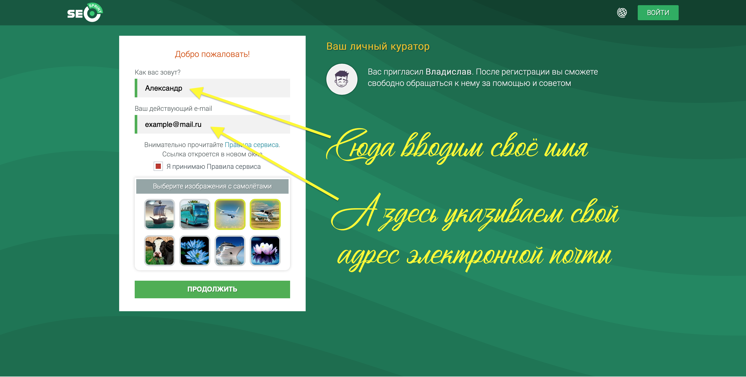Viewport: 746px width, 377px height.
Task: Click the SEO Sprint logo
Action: coord(85,12)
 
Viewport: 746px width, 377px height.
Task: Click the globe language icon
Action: coord(622,13)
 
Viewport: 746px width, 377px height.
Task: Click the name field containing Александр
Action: coord(212,88)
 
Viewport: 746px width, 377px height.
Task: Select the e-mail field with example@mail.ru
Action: coord(212,124)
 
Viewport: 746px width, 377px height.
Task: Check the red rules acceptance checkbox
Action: coord(158,166)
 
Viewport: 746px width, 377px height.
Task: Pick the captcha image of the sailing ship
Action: coord(160,214)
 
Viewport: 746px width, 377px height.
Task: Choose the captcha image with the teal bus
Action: coord(195,214)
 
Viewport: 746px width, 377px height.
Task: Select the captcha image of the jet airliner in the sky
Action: coord(230,214)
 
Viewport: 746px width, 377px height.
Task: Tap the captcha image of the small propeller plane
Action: coord(265,214)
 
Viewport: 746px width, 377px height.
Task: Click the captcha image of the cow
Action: coord(160,250)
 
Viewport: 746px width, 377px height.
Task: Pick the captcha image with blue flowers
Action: coord(195,250)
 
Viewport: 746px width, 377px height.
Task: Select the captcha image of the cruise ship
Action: coord(230,250)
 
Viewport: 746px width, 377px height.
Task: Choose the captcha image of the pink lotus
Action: coord(265,250)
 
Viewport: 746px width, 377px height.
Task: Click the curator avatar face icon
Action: coord(342,79)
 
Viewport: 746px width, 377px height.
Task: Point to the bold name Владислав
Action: coord(448,71)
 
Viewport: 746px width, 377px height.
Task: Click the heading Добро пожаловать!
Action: coord(212,54)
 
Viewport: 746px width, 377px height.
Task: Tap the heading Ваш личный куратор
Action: coord(378,46)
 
